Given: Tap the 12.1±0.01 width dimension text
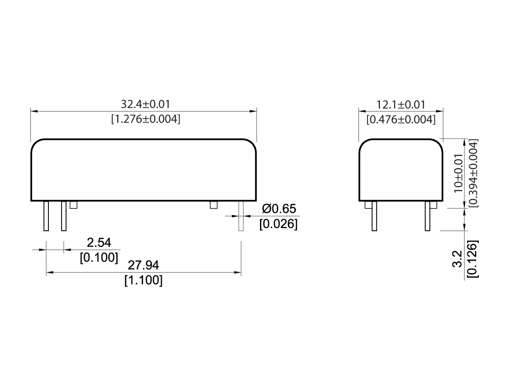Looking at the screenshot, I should (401, 104).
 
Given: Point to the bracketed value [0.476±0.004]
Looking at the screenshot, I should (401, 119).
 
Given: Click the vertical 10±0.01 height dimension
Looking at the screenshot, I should (459, 173).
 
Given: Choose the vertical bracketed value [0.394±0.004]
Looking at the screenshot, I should (473, 173).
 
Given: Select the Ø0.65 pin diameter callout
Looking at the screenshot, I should (279, 209).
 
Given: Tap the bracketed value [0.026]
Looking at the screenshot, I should (278, 223).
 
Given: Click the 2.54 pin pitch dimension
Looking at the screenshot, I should (99, 243).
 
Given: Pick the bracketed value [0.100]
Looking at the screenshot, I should (99, 257).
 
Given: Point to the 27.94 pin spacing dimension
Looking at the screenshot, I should (143, 266).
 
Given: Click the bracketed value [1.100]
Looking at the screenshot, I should (143, 280).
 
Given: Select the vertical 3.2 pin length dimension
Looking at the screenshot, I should (459, 260).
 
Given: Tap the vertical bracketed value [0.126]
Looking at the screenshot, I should (473, 260).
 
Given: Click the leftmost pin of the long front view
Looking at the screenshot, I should (46, 216).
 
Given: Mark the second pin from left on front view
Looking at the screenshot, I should (64, 216).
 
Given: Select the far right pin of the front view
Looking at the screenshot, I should (241, 216).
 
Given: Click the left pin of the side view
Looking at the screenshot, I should (374, 216).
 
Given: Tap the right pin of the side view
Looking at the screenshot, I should (427, 216).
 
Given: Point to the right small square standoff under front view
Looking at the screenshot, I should (214, 205).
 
